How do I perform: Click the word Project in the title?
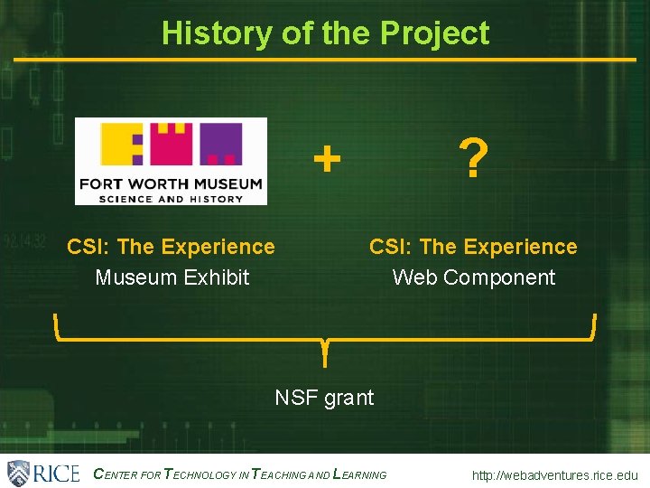[434, 33]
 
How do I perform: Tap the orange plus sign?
[327, 160]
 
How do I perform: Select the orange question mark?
[473, 159]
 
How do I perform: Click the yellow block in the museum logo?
[123, 145]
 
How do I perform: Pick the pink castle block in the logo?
[172, 143]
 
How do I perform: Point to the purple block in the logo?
[221, 145]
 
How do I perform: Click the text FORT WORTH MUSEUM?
[171, 183]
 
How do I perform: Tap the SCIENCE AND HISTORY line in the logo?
[171, 198]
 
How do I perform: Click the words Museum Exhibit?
[172, 277]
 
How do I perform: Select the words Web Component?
[473, 277]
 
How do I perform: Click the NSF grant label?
[324, 397]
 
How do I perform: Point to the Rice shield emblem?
[19, 473]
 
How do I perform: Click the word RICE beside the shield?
[56, 473]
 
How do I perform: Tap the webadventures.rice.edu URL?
[553, 475]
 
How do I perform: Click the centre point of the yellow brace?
[324, 348]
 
